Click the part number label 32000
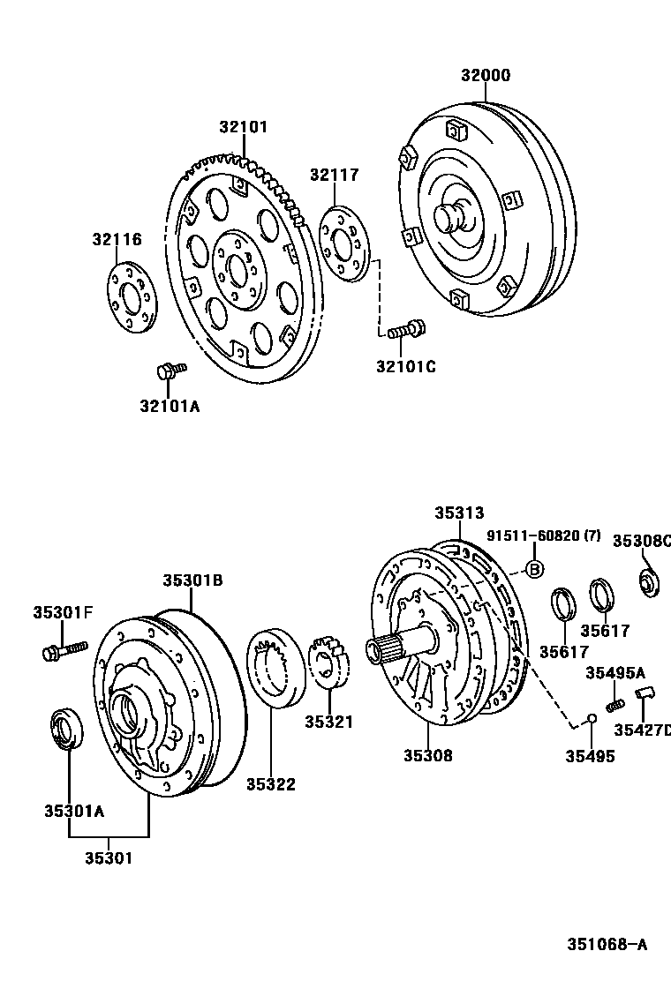(485, 76)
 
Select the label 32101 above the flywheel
(243, 127)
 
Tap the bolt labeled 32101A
(170, 371)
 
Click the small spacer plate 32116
(130, 298)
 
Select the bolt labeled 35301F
(63, 651)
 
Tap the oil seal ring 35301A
(67, 729)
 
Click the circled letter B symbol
(534, 569)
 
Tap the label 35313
(459, 513)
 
